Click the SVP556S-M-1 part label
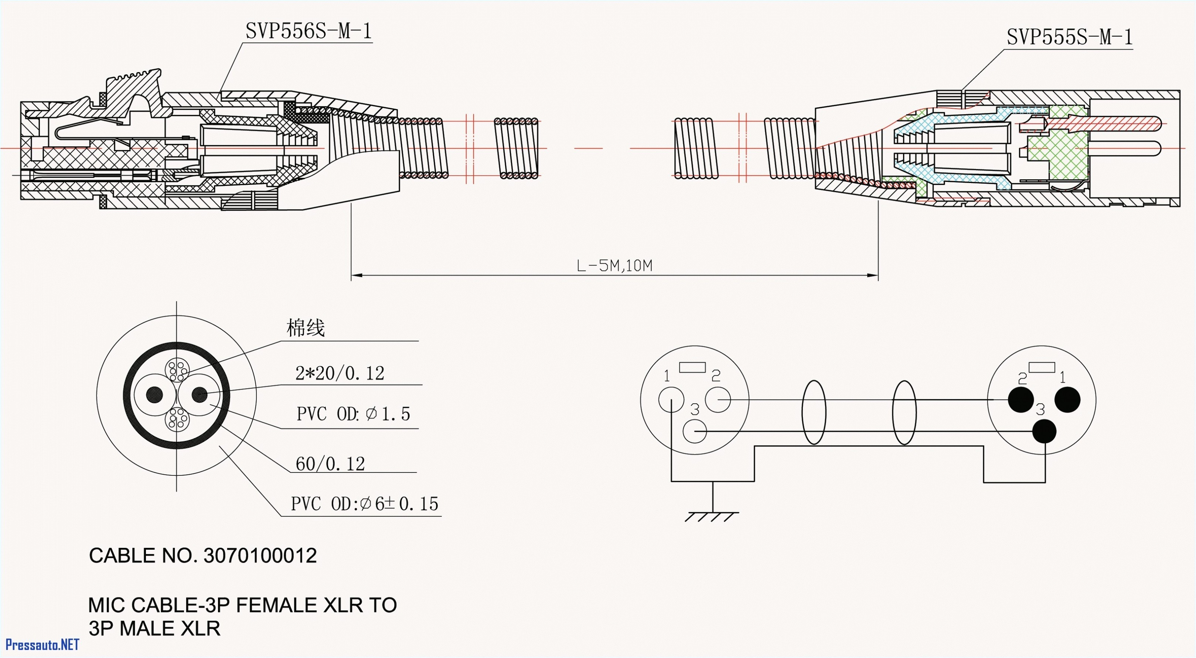pos(308,31)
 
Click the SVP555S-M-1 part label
pos(1069,37)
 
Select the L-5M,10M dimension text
pos(614,266)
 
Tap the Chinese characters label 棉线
pos(305,328)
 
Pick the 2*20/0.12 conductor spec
pos(340,373)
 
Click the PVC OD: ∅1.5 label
pos(353,413)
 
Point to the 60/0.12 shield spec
pos(330,464)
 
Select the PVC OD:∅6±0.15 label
pos(364,504)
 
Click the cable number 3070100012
pos(260,555)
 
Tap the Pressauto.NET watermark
pos(42,645)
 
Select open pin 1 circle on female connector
pos(671,399)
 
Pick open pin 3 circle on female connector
pos(695,431)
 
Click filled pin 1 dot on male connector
pos(1067,399)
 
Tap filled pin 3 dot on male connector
pos(1044,431)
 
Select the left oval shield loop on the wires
pos(814,412)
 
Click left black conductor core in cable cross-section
pos(154,395)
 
